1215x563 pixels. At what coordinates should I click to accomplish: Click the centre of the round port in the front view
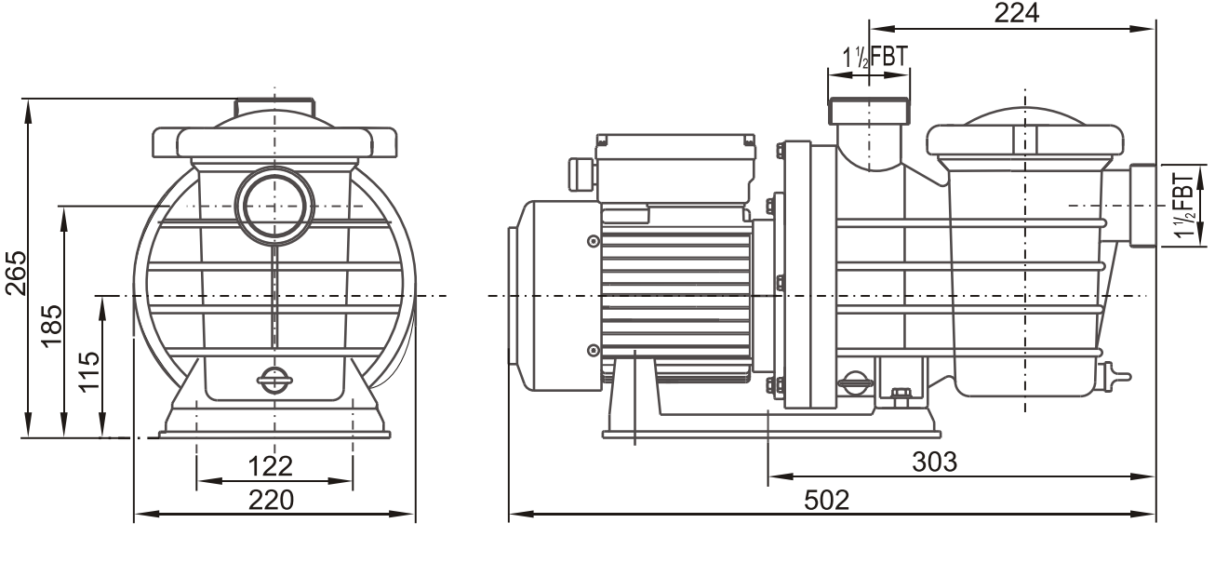[274, 206]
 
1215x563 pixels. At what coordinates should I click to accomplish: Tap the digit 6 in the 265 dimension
[16, 273]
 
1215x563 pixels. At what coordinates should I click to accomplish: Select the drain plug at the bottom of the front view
[274, 381]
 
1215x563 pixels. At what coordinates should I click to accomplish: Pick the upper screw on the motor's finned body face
[594, 241]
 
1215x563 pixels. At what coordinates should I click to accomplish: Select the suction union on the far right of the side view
[1143, 206]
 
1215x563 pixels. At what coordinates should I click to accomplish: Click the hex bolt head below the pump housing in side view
[901, 397]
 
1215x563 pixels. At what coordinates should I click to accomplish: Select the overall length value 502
[827, 500]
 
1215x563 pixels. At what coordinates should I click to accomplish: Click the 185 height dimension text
[53, 327]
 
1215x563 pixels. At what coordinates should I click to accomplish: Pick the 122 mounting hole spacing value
[270, 466]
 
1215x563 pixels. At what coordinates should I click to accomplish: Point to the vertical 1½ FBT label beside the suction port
[1185, 206]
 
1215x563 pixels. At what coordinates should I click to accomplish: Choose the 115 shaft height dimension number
[90, 371]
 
